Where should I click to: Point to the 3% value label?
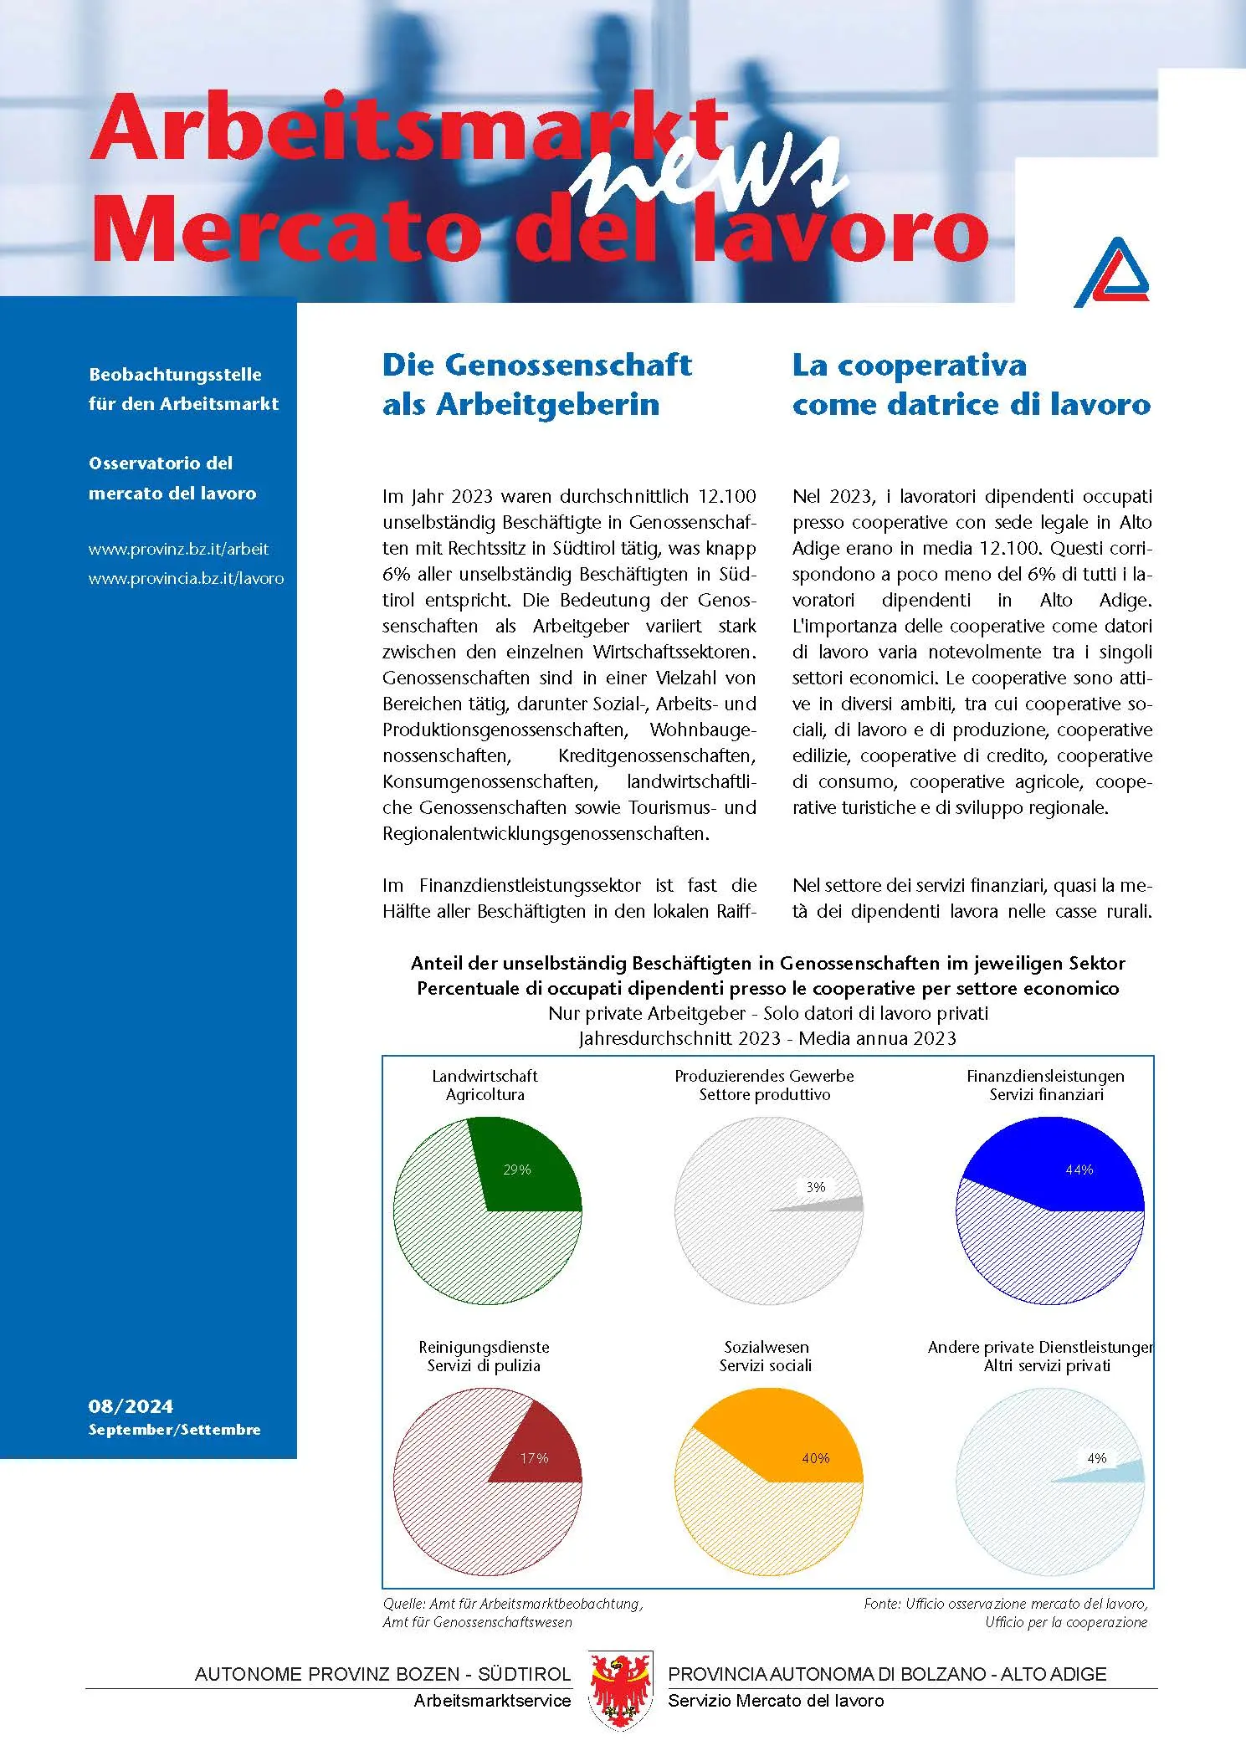coord(815,1187)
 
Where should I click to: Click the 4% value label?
coord(1096,1458)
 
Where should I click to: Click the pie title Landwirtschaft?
coord(485,1076)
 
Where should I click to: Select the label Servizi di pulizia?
coord(484,1365)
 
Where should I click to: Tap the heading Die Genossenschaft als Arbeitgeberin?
coord(536,384)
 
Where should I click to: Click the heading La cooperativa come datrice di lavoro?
coord(971,384)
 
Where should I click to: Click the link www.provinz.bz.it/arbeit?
coord(178,550)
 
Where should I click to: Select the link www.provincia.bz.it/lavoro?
coord(186,579)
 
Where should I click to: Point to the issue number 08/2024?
coord(131,1406)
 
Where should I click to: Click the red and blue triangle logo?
coord(1111,273)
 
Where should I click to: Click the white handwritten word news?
coord(711,171)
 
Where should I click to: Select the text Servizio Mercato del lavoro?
coord(776,1701)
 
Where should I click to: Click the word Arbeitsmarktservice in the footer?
coord(492,1701)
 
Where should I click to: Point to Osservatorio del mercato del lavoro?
coord(172,478)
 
